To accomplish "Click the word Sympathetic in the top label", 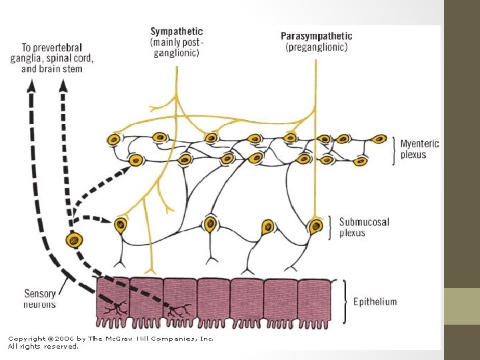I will [177, 31].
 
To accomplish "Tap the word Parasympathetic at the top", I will [317, 36].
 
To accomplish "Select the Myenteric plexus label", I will [419, 149].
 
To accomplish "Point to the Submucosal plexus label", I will [364, 227].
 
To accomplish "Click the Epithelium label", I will [375, 301].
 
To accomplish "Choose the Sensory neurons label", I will [40, 299].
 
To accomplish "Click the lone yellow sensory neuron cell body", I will [74, 239].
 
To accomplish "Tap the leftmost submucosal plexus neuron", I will [121, 224].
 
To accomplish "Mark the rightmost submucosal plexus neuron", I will [315, 226].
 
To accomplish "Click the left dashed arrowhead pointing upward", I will [31, 84].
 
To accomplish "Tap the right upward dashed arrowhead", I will [63, 84].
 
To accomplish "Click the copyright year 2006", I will [63, 339].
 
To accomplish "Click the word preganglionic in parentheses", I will [317, 48].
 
